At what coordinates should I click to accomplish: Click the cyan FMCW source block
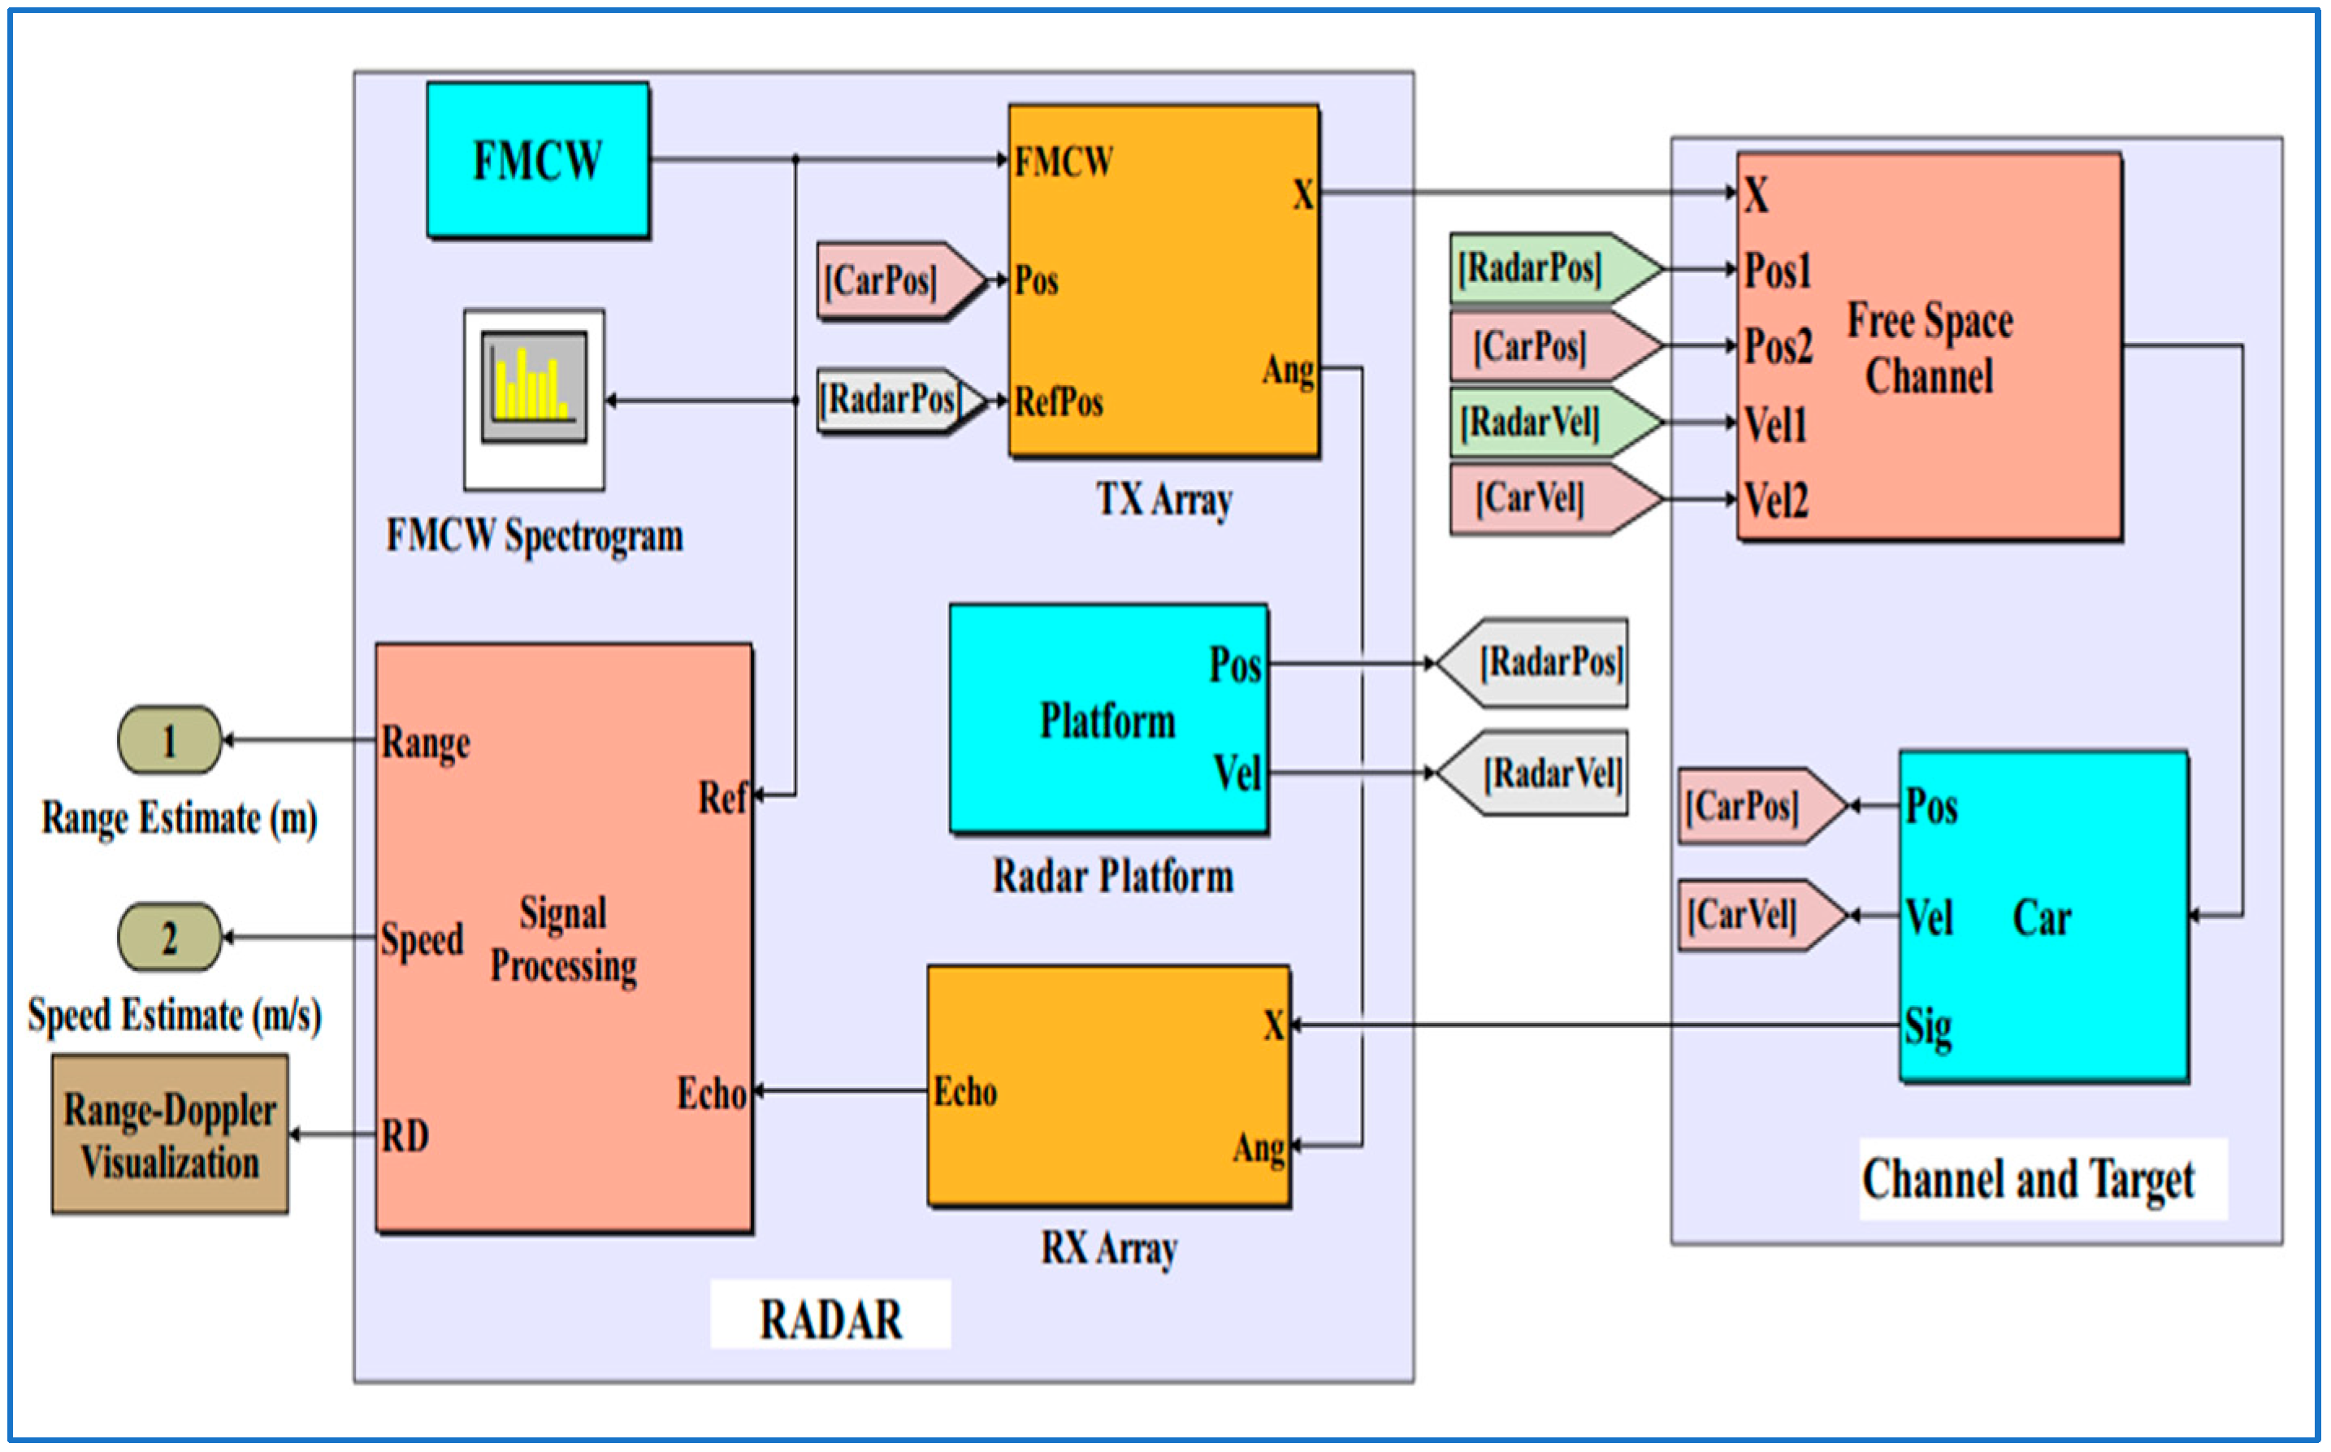[538, 159]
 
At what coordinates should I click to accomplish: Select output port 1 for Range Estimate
[170, 739]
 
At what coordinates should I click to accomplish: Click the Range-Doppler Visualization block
[170, 1134]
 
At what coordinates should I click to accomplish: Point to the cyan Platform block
[1109, 718]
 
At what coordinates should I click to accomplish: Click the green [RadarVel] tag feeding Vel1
[1555, 423]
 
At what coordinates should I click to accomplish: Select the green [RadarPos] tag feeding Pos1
[1555, 268]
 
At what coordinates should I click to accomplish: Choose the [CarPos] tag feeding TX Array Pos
[903, 280]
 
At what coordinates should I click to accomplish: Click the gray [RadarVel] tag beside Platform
[1532, 773]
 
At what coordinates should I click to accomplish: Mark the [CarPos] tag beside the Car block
[1762, 806]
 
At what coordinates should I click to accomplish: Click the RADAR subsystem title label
[830, 1319]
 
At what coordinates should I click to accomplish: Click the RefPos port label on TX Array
[1059, 401]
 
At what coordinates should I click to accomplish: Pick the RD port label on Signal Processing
[404, 1136]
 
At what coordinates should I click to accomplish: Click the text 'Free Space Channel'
[1930, 348]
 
